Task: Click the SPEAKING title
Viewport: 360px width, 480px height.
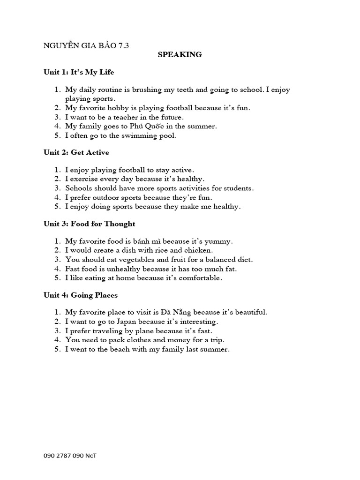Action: (180, 54)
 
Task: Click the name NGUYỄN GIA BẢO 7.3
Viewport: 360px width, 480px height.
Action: (86, 45)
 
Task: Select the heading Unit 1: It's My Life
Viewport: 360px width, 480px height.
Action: (79, 72)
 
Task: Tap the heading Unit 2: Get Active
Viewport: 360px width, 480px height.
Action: (76, 152)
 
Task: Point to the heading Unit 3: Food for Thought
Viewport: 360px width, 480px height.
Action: (89, 224)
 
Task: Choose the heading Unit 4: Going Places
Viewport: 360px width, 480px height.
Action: (80, 295)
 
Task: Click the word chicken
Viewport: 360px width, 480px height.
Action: (187, 250)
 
